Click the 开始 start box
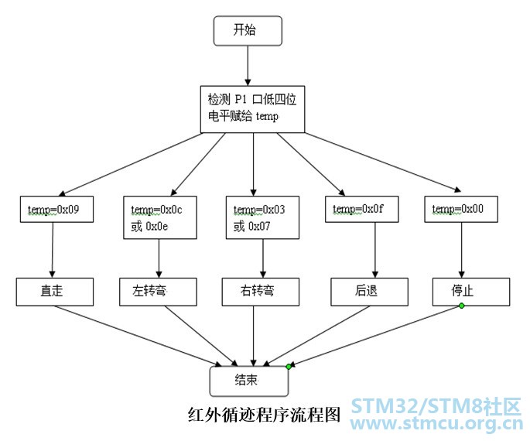coord(248,30)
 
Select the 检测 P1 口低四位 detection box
coord(252,108)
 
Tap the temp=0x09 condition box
coord(56,209)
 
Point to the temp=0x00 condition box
coord(460,209)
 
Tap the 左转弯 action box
coord(158,292)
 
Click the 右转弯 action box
coord(259,292)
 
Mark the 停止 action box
coord(471,291)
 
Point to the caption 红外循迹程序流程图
coord(264,414)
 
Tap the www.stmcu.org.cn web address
coord(438,426)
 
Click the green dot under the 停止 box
coord(461,306)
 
